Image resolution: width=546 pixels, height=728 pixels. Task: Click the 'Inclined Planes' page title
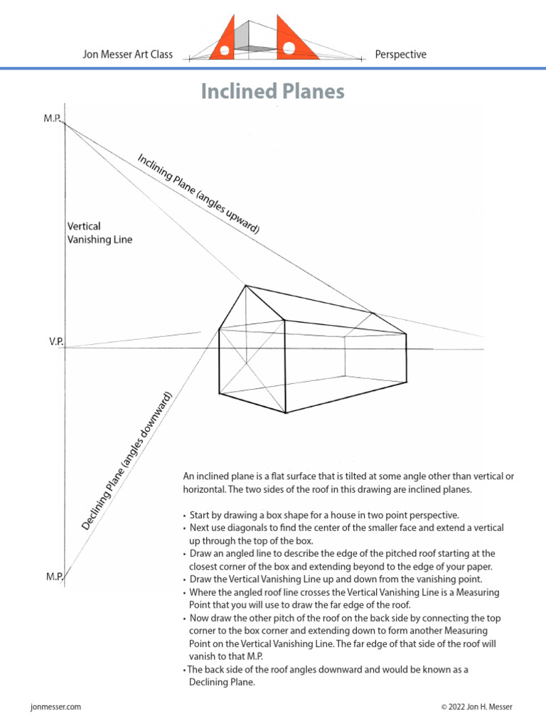pyautogui.click(x=272, y=92)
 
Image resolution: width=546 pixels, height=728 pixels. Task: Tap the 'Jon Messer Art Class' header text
pyautogui.click(x=128, y=54)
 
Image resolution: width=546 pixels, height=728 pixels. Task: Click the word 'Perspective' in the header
pyautogui.click(x=400, y=54)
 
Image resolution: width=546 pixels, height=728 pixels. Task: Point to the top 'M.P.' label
pyautogui.click(x=53, y=117)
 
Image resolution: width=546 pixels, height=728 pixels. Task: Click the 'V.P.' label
pyautogui.click(x=56, y=342)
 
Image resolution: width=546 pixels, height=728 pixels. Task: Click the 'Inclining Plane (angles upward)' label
pyautogui.click(x=198, y=192)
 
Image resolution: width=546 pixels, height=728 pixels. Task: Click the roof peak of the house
pyautogui.click(x=246, y=286)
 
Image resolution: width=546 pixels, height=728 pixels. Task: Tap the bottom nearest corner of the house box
pyautogui.click(x=284, y=412)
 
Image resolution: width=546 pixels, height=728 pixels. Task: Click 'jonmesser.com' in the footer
pyautogui.click(x=56, y=707)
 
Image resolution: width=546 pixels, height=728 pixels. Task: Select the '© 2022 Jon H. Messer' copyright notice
pyautogui.click(x=476, y=707)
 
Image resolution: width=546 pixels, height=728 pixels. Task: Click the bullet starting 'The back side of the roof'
pyautogui.click(x=328, y=669)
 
